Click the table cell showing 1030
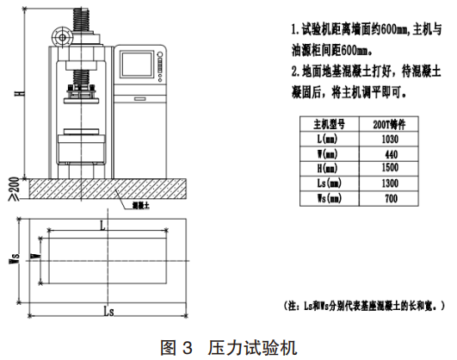click(x=390, y=140)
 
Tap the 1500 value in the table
click(x=390, y=168)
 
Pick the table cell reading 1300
click(x=390, y=183)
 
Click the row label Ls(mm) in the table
click(x=330, y=183)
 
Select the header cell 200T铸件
click(x=389, y=125)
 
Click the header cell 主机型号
click(x=330, y=124)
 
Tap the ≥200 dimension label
click(x=15, y=189)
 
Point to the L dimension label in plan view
click(x=102, y=226)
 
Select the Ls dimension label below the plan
click(x=108, y=312)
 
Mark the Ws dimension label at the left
click(x=15, y=258)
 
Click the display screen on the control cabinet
click(x=137, y=65)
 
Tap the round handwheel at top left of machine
click(x=62, y=37)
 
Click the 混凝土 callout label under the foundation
click(x=141, y=206)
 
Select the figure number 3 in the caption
click(x=188, y=348)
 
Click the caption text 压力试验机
click(x=252, y=348)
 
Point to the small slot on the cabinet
click(x=140, y=99)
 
